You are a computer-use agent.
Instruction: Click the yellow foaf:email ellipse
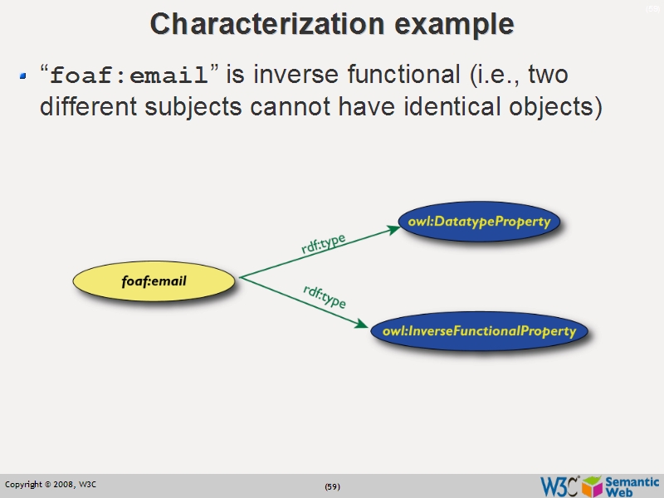point(154,281)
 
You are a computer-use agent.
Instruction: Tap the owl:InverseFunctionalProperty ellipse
point(479,331)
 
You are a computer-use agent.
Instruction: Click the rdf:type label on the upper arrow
point(323,244)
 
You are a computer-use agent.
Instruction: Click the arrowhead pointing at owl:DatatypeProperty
point(393,229)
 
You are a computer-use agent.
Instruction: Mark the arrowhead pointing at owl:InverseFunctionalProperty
point(362,325)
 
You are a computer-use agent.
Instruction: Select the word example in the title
point(453,23)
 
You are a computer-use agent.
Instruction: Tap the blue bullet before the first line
point(24,77)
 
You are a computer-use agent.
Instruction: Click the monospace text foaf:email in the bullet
point(129,76)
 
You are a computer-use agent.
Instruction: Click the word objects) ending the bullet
point(554,107)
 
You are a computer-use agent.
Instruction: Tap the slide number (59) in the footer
point(332,486)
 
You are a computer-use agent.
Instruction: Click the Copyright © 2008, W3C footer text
point(51,485)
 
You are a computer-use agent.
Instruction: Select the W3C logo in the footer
point(559,486)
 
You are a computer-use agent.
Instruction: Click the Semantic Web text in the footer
point(632,486)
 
